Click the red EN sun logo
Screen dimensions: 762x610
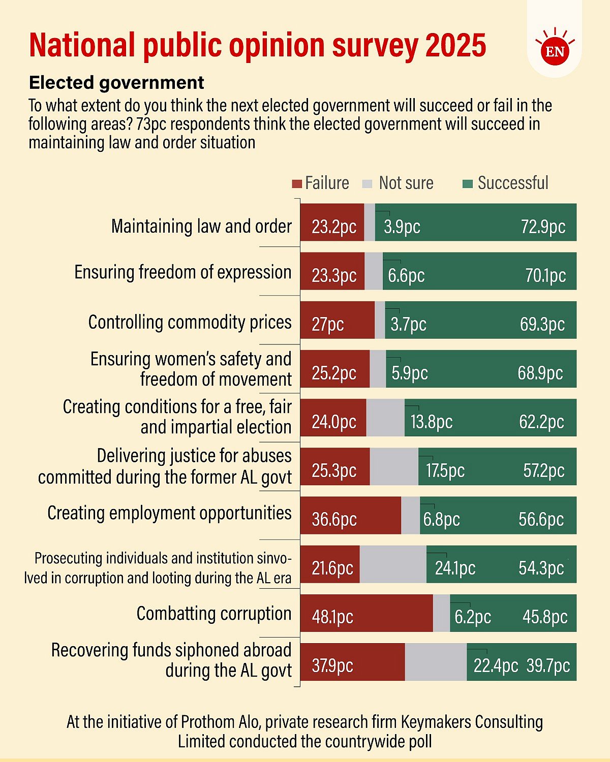(x=555, y=51)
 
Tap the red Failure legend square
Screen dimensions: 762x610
(x=297, y=183)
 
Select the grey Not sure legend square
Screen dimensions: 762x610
(x=368, y=183)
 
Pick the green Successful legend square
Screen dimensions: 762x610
(x=468, y=183)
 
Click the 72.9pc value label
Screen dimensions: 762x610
(x=543, y=227)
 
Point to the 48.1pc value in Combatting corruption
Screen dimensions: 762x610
(x=332, y=617)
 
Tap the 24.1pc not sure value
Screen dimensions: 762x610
(x=455, y=568)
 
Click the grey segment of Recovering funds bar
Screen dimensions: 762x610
(x=436, y=661)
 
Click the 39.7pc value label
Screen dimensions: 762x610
(x=548, y=665)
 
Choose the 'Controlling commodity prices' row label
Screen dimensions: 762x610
(x=190, y=322)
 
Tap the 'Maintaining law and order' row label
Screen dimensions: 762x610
(x=201, y=226)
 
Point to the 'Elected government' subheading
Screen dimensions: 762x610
(x=116, y=82)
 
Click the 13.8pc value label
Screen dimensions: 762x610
(x=432, y=422)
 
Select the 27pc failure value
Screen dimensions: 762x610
(x=328, y=324)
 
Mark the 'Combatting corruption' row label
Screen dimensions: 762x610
(x=214, y=614)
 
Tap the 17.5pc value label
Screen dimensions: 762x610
(x=445, y=470)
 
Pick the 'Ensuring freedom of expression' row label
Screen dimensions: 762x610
(x=183, y=272)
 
